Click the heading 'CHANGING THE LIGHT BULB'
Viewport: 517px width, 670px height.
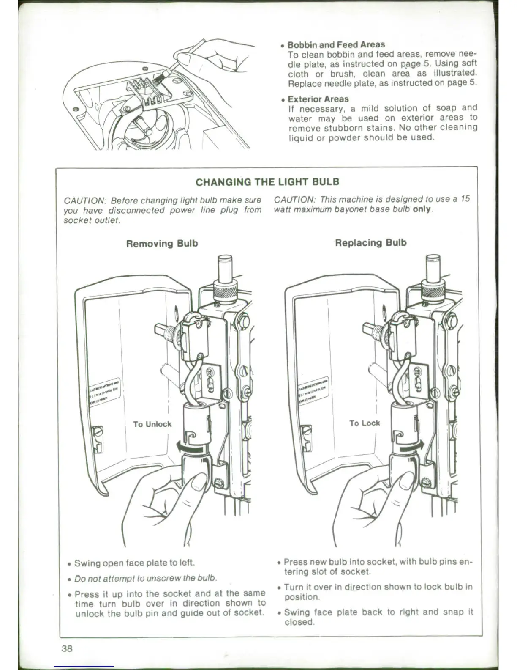pyautogui.click(x=267, y=182)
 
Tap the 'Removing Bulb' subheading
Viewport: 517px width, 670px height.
pyautogui.click(x=162, y=244)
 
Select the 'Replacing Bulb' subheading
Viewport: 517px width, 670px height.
pyautogui.click(x=370, y=243)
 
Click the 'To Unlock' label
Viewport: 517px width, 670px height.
pyautogui.click(x=152, y=424)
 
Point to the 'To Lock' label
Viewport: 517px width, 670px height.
pyautogui.click(x=365, y=423)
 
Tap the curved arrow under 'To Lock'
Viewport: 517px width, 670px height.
pyautogui.click(x=411, y=446)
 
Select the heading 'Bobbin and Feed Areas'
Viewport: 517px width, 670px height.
pyautogui.click(x=336, y=44)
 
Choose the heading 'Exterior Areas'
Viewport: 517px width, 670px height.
pyautogui.click(x=318, y=99)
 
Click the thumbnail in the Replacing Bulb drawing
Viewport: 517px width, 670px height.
pyautogui.click(x=406, y=482)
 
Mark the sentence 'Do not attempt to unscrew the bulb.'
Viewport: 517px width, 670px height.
pyautogui.click(x=146, y=578)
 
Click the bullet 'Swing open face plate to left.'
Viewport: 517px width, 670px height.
pyautogui.click(x=134, y=563)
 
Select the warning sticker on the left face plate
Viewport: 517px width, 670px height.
pyautogui.click(x=104, y=391)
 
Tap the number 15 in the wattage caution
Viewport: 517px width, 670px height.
pyautogui.click(x=465, y=199)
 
